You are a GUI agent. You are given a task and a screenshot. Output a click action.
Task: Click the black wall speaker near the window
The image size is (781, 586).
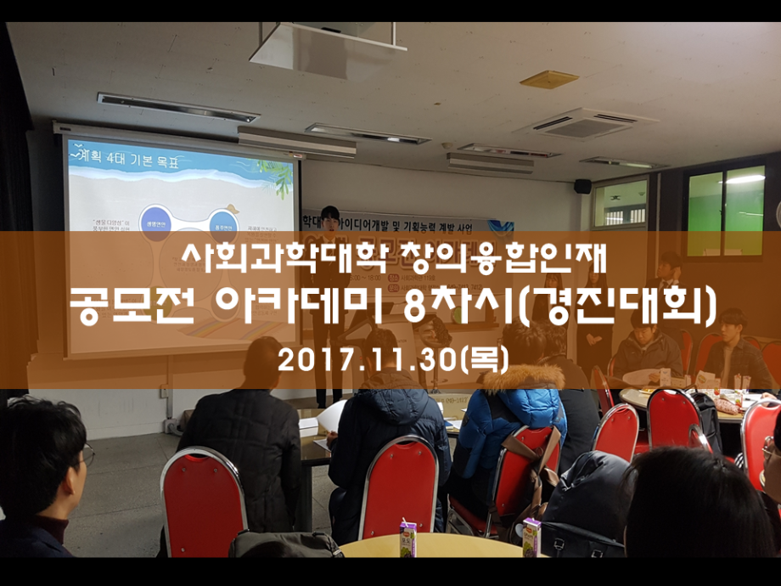point(582,186)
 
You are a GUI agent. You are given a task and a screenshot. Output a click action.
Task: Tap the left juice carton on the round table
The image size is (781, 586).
point(408,538)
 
